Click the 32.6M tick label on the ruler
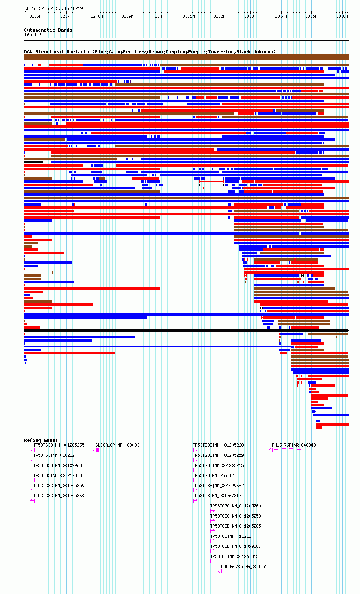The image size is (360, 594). pos(35,17)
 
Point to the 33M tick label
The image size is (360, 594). pos(158,17)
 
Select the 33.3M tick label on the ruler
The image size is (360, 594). pos(250,17)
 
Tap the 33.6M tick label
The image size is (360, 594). pos(342,17)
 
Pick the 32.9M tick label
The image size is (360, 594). pos(127,17)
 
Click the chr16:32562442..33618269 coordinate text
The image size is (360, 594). pos(53,8)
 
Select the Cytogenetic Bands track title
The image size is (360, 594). pos(48,30)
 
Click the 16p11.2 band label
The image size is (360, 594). pos(33,35)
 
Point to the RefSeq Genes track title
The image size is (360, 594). pos(41,440)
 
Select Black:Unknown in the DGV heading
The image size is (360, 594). pos(254,52)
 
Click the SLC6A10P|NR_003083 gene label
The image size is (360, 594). pos(117,445)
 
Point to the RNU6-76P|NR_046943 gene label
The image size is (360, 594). pos(294,445)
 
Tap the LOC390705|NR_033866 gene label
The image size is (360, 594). pos(244,566)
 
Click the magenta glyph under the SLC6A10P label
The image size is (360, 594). pos(96,450)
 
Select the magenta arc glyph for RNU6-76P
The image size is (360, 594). pos(286,449)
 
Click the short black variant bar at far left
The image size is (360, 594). pos(34,162)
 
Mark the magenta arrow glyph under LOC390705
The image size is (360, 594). pos(220,571)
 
